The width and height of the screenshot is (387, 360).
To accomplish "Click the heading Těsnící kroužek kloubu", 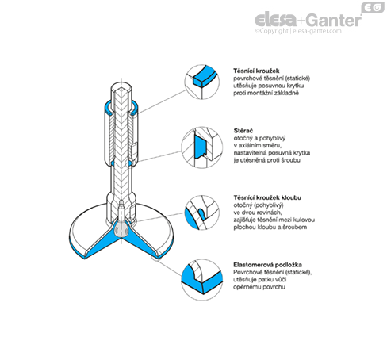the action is pyautogui.click(x=267, y=197).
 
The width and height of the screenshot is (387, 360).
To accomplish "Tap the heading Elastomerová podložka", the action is pyautogui.click(x=267, y=265).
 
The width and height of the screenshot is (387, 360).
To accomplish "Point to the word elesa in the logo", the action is pyautogui.click(x=275, y=21).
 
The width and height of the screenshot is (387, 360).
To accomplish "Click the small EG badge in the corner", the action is pyautogui.click(x=373, y=7).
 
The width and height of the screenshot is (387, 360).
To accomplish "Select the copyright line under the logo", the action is pyautogui.click(x=298, y=31).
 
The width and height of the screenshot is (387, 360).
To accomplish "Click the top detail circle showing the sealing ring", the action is pyautogui.click(x=202, y=82).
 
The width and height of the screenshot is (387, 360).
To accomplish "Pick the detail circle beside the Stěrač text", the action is pyautogui.click(x=202, y=147).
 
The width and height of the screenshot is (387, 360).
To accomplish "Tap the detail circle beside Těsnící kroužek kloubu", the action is pyautogui.click(x=202, y=213).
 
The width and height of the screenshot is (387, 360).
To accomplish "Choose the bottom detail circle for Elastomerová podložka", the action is pyautogui.click(x=202, y=280).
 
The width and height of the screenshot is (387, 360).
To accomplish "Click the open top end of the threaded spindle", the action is pyautogui.click(x=121, y=88).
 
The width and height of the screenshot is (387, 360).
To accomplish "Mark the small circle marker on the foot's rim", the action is pyautogui.click(x=156, y=257).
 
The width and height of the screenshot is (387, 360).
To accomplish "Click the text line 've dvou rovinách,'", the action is pyautogui.click(x=258, y=213).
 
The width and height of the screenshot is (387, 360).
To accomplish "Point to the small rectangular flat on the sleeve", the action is pyautogui.click(x=134, y=150).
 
